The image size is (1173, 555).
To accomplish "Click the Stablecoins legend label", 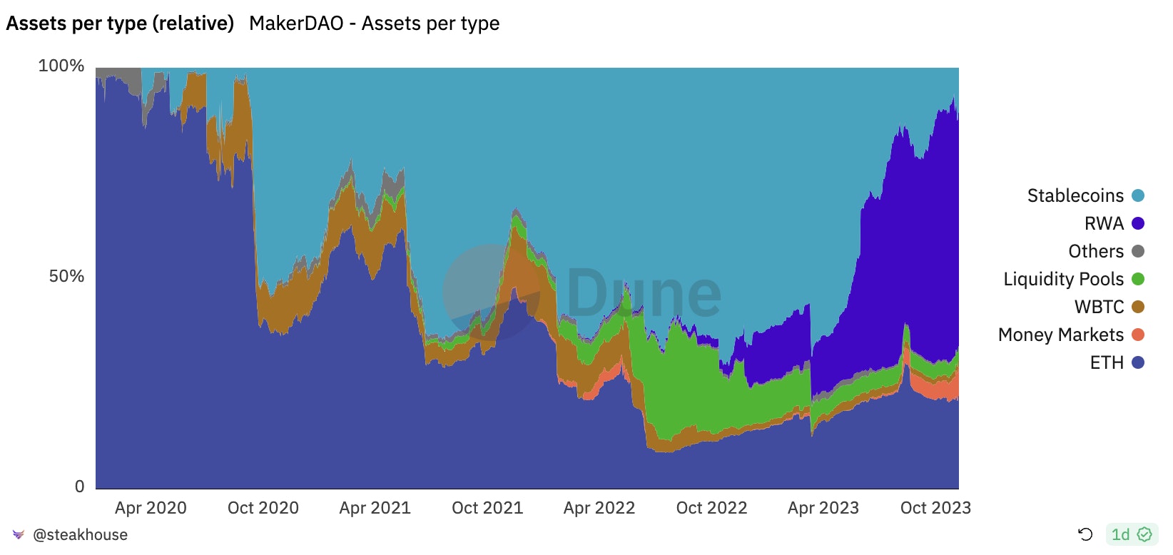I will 1075,195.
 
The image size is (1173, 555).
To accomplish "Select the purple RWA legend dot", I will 1138,223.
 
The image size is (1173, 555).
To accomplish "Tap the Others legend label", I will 1095,251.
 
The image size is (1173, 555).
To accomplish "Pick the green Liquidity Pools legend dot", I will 1138,279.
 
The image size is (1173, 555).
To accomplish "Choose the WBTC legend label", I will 1099,307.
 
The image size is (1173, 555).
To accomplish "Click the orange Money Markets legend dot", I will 1138,335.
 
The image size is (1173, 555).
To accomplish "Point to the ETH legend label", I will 1107,362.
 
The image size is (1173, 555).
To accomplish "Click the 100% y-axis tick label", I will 61,66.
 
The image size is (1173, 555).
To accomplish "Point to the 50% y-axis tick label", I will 66,276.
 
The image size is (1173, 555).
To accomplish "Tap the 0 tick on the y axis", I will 79,487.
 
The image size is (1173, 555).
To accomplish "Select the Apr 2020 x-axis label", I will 151,508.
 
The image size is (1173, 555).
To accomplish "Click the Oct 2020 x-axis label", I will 263,508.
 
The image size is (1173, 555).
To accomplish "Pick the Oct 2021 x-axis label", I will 487,508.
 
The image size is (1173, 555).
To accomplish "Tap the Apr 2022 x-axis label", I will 599,508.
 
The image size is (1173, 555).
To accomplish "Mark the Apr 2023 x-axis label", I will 823,508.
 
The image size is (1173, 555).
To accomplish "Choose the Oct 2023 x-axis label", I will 935,508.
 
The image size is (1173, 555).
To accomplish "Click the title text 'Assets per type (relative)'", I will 120,24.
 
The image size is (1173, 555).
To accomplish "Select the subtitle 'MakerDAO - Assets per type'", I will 374,24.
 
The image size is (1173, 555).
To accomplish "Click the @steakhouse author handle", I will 80,535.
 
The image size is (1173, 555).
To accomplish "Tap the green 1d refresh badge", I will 1131,534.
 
